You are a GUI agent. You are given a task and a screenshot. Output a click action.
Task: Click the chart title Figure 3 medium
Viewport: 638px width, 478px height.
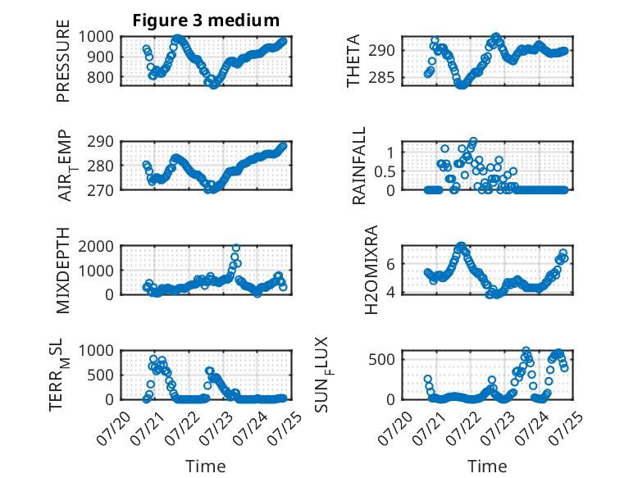[x=206, y=20]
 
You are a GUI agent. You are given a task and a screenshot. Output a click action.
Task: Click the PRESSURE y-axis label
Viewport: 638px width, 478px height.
[x=63, y=61]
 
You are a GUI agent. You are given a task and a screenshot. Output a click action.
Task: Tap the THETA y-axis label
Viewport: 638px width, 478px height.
[x=353, y=61]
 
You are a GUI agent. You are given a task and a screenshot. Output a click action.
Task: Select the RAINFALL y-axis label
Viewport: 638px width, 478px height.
[x=359, y=166]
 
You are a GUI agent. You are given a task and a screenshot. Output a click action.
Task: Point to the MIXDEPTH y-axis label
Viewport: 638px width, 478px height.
[x=63, y=271]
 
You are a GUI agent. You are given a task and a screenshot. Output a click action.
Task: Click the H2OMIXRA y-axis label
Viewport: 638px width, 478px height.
[x=371, y=270]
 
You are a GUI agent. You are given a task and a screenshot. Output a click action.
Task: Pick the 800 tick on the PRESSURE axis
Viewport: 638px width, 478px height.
[x=100, y=77]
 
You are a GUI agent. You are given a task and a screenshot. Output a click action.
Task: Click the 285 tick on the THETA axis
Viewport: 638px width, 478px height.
[x=381, y=77]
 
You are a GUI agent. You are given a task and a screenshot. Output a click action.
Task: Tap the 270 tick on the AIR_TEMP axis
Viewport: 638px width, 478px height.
[x=100, y=190]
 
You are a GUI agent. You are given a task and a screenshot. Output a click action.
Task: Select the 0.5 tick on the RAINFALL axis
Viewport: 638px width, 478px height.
[x=385, y=171]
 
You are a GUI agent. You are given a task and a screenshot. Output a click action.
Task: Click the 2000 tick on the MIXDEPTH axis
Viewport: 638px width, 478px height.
[x=96, y=246]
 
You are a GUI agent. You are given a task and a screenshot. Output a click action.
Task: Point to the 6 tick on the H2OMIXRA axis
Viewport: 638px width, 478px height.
[x=390, y=264]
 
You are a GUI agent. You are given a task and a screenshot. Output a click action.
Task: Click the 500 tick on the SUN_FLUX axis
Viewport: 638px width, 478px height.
[x=381, y=360]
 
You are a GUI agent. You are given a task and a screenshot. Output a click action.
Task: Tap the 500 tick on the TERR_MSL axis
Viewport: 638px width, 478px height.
[x=100, y=375]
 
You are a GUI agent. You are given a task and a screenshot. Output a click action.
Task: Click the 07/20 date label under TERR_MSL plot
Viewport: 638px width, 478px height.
[x=113, y=428]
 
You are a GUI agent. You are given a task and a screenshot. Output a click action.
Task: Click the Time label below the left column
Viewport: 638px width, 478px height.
[x=206, y=466]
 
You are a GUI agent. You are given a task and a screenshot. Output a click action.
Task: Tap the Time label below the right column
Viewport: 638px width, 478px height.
[x=487, y=466]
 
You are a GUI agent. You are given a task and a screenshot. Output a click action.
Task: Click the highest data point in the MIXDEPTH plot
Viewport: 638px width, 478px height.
[x=235, y=248]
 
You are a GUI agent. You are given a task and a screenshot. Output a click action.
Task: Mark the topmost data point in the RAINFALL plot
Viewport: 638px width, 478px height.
[x=473, y=141]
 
